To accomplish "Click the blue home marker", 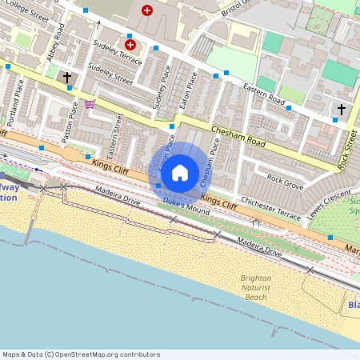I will [x=180, y=173].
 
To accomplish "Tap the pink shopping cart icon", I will [x=90, y=104].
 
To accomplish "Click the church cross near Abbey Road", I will [x=67, y=78].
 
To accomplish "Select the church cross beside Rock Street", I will [x=342, y=109].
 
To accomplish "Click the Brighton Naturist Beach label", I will [x=254, y=288].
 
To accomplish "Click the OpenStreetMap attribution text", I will [x=82, y=354].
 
